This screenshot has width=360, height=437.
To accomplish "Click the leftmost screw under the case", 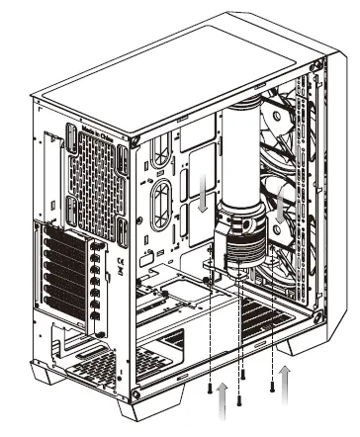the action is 211,390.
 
